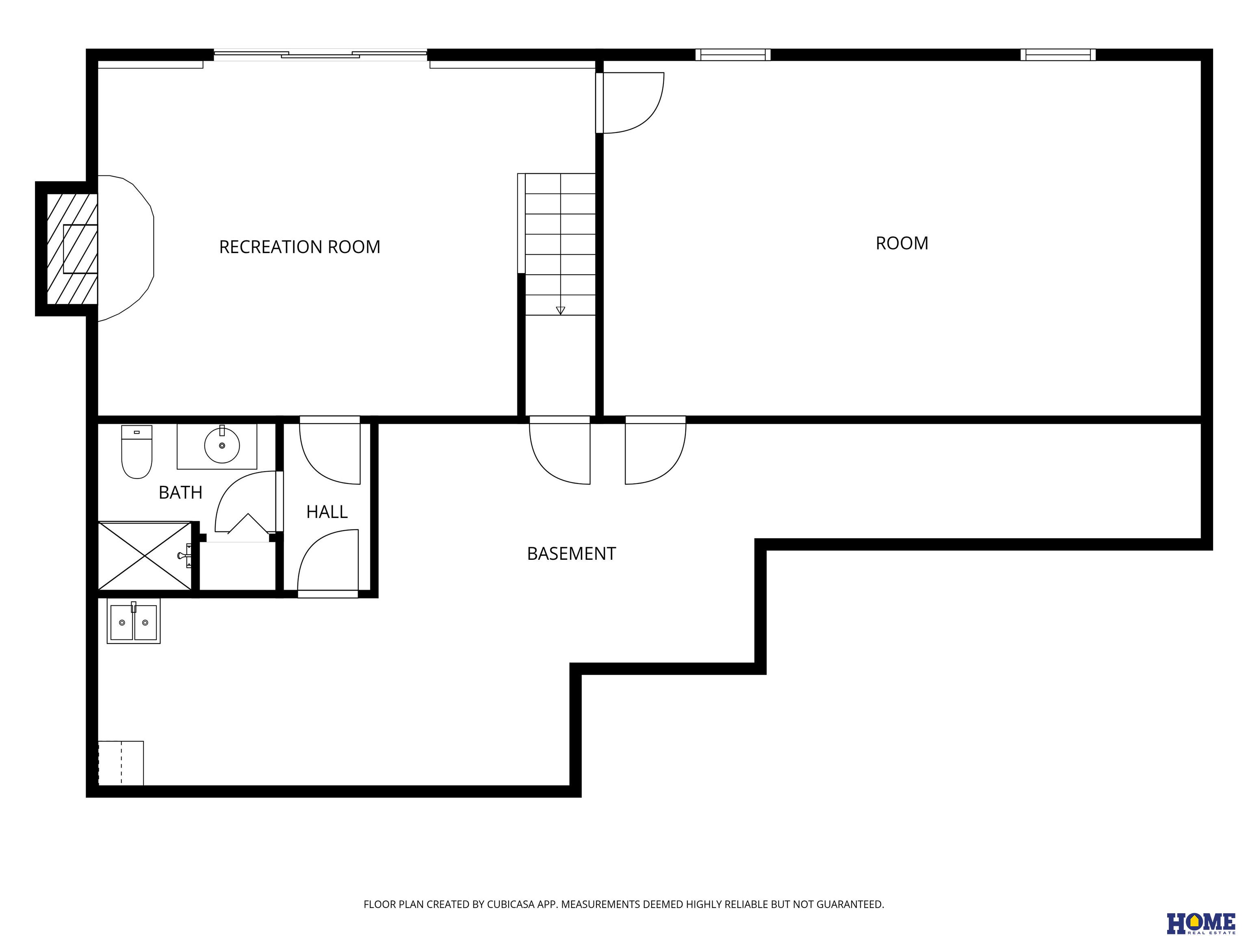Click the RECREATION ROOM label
299,247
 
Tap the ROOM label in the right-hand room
901,243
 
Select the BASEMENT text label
571,553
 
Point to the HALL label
327,512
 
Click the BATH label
180,492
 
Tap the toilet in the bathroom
136,452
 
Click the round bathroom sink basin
222,445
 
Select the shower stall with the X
145,556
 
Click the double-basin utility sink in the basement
134,621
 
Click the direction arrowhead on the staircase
560,310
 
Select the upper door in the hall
329,450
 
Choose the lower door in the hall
328,563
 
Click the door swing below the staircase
560,450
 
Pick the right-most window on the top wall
1058,55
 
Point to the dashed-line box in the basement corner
121,763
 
